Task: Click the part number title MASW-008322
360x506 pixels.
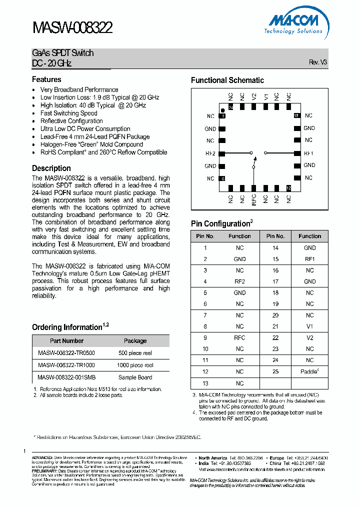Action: (x=72, y=28)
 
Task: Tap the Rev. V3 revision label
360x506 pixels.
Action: (x=317, y=62)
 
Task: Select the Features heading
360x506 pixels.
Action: (x=46, y=79)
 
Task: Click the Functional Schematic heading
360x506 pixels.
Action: (x=227, y=80)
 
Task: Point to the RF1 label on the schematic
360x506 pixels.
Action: (x=308, y=153)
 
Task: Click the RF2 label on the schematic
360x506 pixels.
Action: (x=210, y=153)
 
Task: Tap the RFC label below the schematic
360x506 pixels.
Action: (x=254, y=199)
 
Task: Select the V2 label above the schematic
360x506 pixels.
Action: (x=254, y=96)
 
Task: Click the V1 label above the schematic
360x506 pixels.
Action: (x=266, y=96)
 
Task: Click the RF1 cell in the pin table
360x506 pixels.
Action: (x=309, y=259)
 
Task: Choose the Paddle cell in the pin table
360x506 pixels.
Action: (x=309, y=371)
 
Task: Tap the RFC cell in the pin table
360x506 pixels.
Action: (x=239, y=337)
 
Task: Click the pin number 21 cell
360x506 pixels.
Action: (x=275, y=326)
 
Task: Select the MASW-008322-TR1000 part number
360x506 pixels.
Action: (x=66, y=365)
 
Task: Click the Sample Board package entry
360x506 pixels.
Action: (x=135, y=377)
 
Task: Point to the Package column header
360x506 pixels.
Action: (x=135, y=341)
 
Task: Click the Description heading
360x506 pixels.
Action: (x=51, y=168)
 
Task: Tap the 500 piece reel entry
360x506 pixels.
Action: (x=135, y=353)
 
